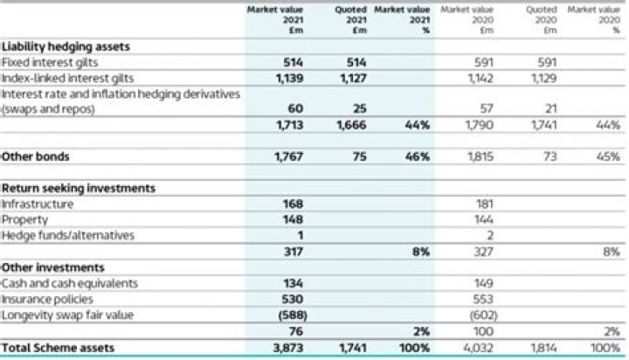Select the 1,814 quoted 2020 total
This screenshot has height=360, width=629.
pyautogui.click(x=543, y=348)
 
